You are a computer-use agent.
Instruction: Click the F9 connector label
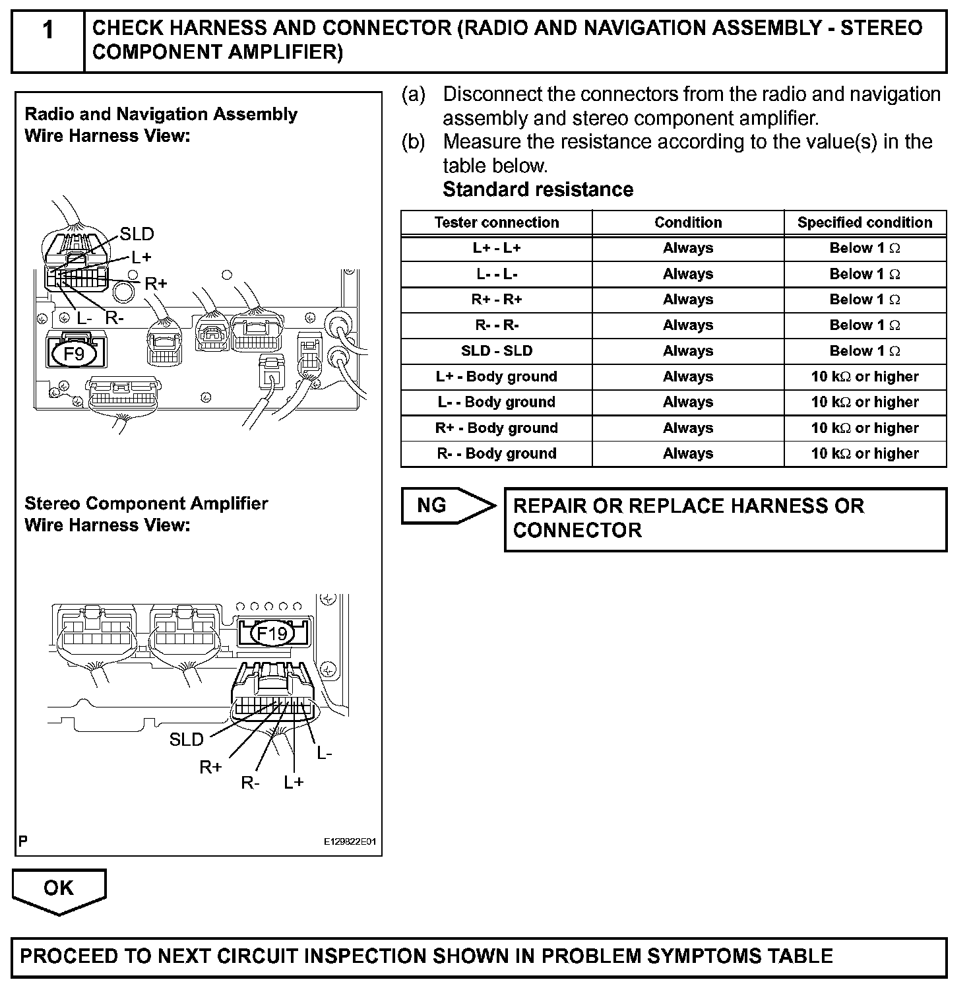pyautogui.click(x=74, y=354)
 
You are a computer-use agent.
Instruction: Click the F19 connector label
pyautogui.click(x=272, y=634)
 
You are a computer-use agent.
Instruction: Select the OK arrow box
pyautogui.click(x=59, y=889)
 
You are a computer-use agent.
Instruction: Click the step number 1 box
pyautogui.click(x=48, y=41)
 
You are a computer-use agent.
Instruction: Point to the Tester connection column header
pyautogui.click(x=496, y=222)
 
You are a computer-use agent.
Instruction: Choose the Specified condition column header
pyautogui.click(x=864, y=222)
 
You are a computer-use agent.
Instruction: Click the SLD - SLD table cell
pyautogui.click(x=496, y=351)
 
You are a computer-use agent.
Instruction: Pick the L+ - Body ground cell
pyautogui.click(x=496, y=377)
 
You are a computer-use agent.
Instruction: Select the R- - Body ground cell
pyautogui.click(x=496, y=454)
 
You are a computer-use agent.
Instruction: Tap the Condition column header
pyautogui.click(x=687, y=222)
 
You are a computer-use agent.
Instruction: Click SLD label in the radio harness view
pyautogui.click(x=137, y=234)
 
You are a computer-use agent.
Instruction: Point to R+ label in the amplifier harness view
pyautogui.click(x=211, y=768)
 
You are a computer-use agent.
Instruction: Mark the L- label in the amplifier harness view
pyautogui.click(x=325, y=753)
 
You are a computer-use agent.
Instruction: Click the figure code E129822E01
pyautogui.click(x=349, y=842)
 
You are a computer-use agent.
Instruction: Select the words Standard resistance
pyautogui.click(x=538, y=190)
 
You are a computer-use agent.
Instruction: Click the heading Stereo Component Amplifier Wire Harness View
pyautogui.click(x=146, y=514)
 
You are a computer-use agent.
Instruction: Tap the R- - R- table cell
pyautogui.click(x=496, y=325)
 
